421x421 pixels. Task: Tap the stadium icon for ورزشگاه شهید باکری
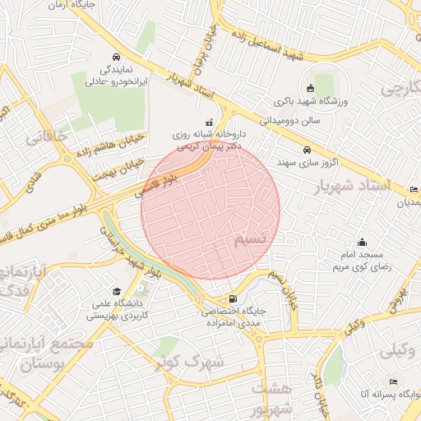click(x=309, y=89)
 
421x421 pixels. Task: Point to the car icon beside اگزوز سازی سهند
click(x=307, y=150)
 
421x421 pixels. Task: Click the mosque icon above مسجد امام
click(x=362, y=242)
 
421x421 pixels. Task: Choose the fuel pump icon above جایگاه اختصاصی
click(x=235, y=298)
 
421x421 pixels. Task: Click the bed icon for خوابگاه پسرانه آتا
click(x=393, y=382)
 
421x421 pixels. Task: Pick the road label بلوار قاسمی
click(x=169, y=180)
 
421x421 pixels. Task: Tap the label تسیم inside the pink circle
click(x=250, y=238)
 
